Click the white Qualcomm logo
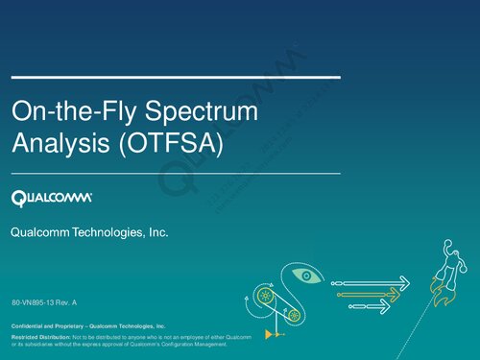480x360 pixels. click(51, 198)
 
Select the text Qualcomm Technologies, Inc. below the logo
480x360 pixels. click(89, 232)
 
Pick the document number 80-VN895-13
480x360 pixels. click(37, 303)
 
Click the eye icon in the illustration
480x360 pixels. click(304, 276)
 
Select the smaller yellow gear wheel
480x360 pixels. click(294, 315)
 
